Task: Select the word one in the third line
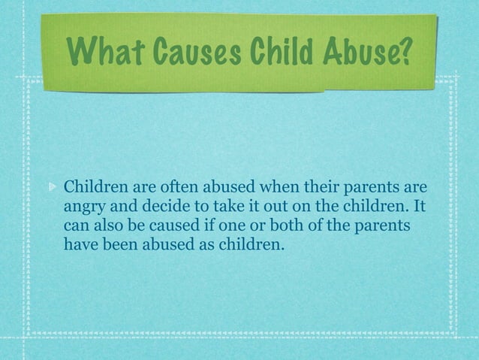[252, 224]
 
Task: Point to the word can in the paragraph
[78, 224]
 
